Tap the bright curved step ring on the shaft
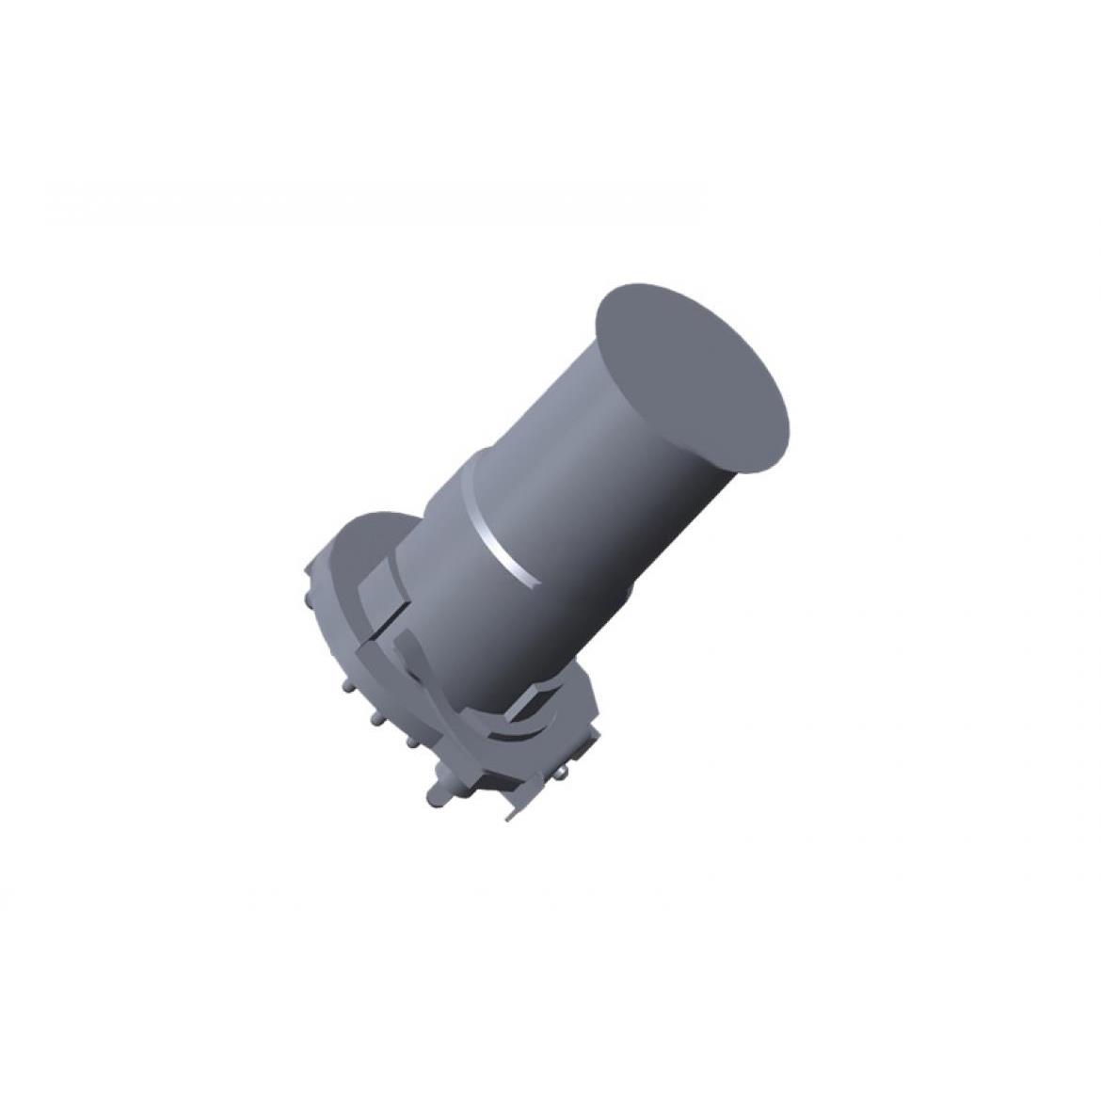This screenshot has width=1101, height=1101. point(513,552)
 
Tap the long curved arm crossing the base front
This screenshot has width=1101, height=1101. point(442,715)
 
